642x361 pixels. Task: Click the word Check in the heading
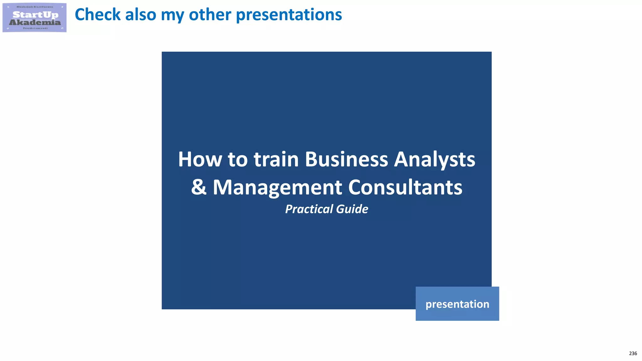click(97, 15)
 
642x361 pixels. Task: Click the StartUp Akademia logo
click(34, 18)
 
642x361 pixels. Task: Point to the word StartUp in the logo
click(35, 14)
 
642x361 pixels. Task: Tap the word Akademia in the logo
click(35, 22)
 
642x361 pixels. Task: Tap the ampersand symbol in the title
click(199, 187)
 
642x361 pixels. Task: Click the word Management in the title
click(277, 187)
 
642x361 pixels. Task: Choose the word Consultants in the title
click(405, 187)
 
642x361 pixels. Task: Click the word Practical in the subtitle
click(309, 209)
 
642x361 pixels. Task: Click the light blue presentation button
click(457, 304)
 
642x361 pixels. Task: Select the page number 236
click(633, 353)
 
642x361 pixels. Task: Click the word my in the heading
click(172, 15)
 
